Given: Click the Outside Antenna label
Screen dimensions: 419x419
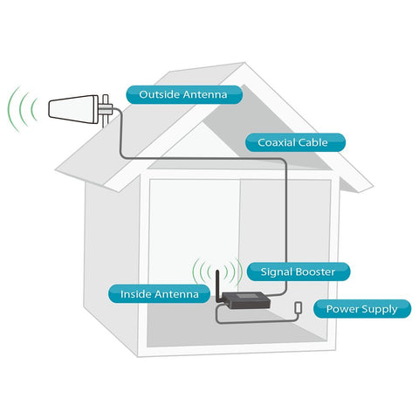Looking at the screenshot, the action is pyautogui.click(x=184, y=94).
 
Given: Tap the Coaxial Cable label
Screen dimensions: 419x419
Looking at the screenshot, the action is pyautogui.click(x=295, y=142).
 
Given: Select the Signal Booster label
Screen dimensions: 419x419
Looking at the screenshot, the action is pyautogui.click(x=299, y=271).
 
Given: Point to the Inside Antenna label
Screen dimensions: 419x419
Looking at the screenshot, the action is pyautogui.click(x=159, y=294).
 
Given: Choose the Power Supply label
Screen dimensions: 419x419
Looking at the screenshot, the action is pyautogui.click(x=362, y=309).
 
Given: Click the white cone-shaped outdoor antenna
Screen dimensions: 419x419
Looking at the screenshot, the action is pyautogui.click(x=73, y=109).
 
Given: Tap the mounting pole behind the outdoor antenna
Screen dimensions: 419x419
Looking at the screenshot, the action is pyautogui.click(x=106, y=111).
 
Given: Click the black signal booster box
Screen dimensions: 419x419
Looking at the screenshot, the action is pyautogui.click(x=247, y=300).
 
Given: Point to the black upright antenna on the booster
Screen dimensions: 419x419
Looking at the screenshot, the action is pyautogui.click(x=217, y=285).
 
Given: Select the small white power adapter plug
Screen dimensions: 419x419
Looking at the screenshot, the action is pyautogui.click(x=299, y=307).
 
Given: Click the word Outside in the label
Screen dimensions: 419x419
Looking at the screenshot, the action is pyautogui.click(x=159, y=94).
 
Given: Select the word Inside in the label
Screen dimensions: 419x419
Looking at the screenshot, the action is pyautogui.click(x=134, y=294).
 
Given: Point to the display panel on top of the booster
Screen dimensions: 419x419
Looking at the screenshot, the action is pyautogui.click(x=245, y=297).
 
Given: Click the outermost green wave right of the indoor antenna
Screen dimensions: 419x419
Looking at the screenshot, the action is pyautogui.click(x=240, y=271).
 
